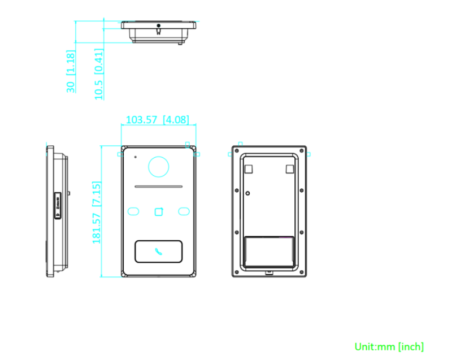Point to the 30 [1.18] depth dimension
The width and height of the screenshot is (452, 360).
coord(71,71)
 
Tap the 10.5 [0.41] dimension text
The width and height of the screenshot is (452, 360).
coord(99,74)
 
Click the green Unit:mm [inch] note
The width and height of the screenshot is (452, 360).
coord(389,346)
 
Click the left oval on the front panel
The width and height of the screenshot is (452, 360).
coord(134,211)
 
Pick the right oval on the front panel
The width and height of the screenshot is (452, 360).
coord(184,211)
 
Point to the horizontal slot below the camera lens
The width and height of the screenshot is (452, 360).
coord(159,186)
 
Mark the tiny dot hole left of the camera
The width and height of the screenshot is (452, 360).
coord(136,156)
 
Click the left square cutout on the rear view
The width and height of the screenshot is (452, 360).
coord(248,168)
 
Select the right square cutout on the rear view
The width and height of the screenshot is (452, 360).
coord(289,168)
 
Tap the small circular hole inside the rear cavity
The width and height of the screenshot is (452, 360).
coord(247,193)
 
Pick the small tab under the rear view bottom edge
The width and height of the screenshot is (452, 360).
coord(270,274)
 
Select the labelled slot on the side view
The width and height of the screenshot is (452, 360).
coord(58,205)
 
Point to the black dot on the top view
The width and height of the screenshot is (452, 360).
coord(159,26)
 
